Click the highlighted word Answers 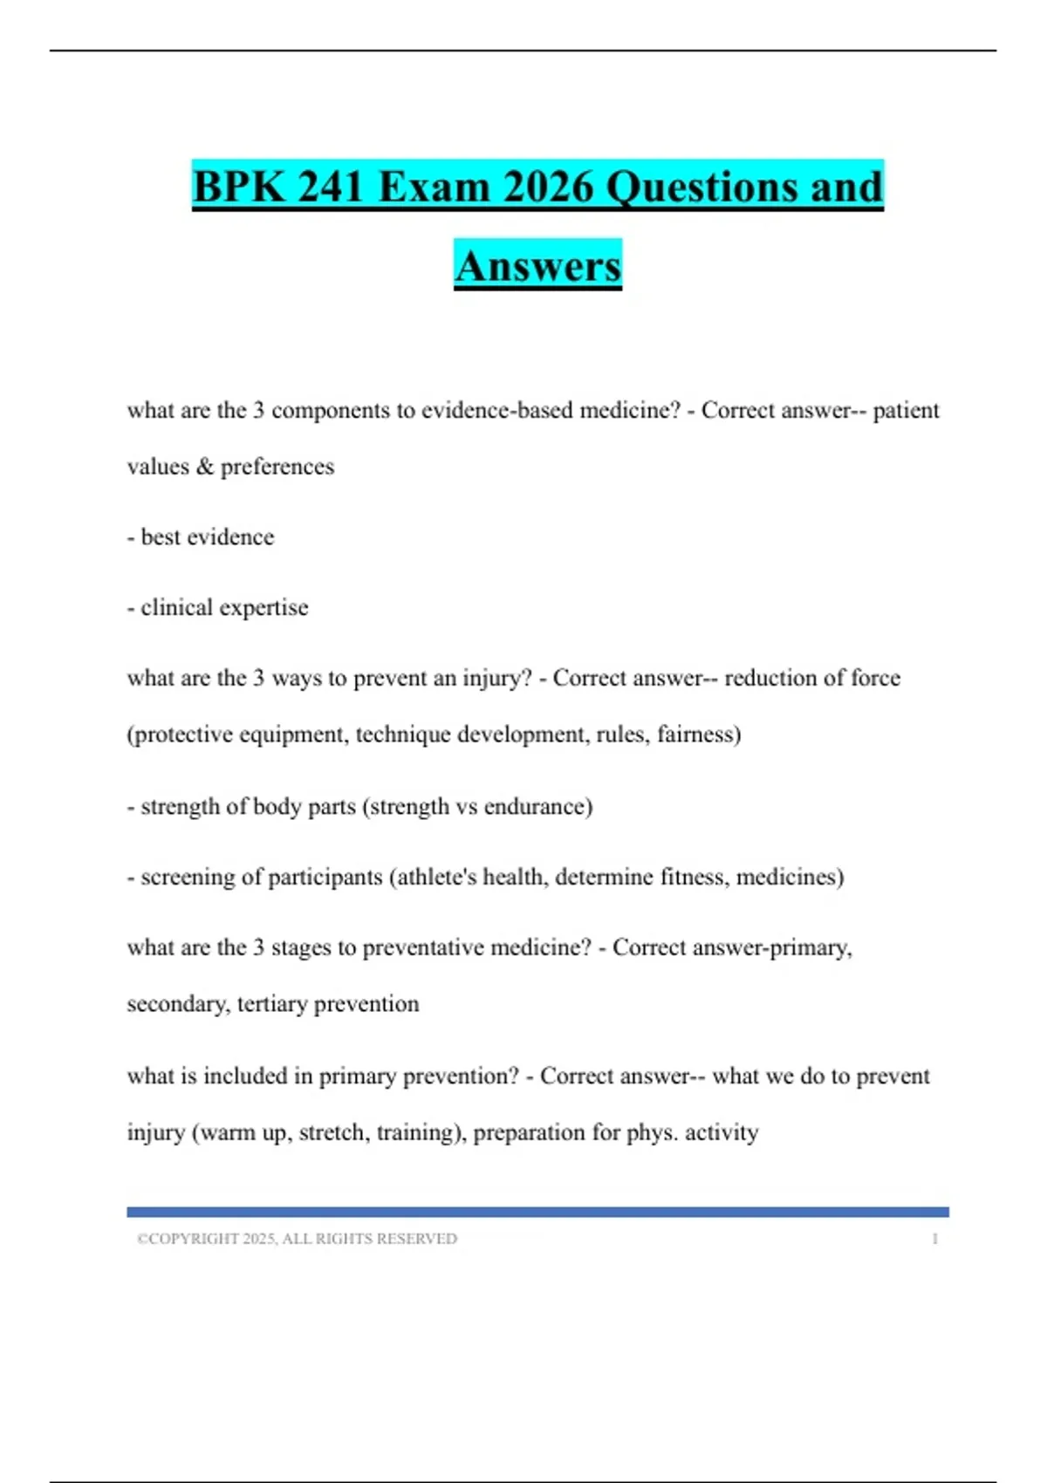(537, 266)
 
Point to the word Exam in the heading (435, 187)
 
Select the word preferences (277, 467)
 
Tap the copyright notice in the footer (297, 1239)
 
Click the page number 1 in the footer (934, 1239)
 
